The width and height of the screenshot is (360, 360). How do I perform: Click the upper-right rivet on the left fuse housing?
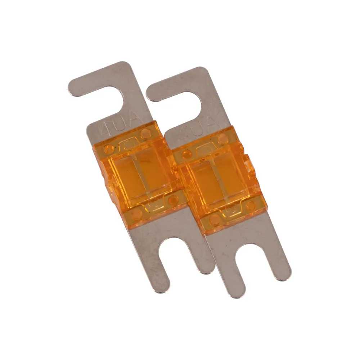point(146,134)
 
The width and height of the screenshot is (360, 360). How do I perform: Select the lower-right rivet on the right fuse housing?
point(251,206)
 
